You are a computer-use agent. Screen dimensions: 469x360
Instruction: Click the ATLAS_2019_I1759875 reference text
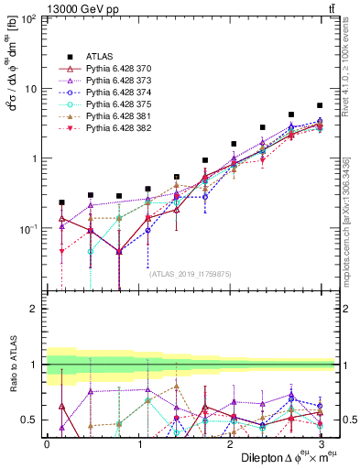pyautogui.click(x=190, y=272)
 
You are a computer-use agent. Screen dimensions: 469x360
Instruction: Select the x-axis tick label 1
pyautogui.click(x=139, y=443)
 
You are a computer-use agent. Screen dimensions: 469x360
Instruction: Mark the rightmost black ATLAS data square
pyautogui.click(x=320, y=105)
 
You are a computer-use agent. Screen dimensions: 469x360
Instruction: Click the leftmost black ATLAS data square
pyautogui.click(x=61, y=202)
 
